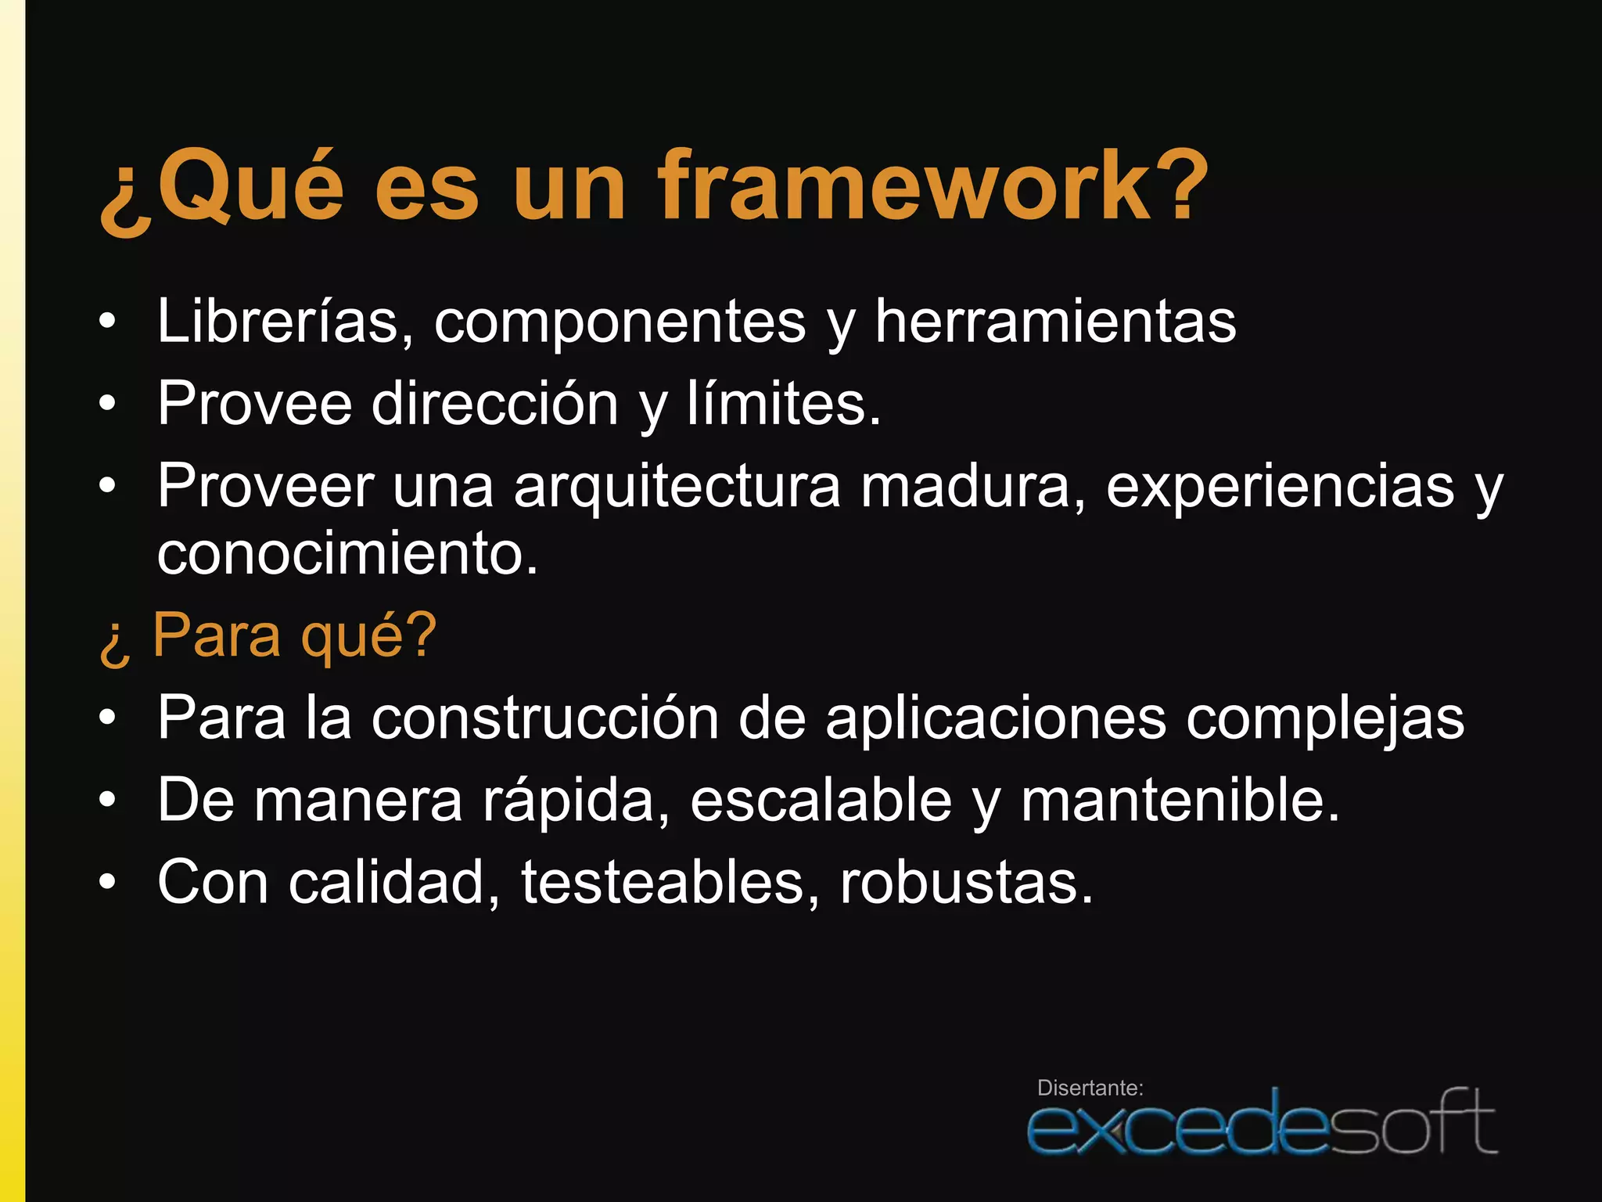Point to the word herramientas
(x=1055, y=321)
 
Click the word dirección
(x=494, y=404)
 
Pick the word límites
(x=782, y=404)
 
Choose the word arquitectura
(x=677, y=486)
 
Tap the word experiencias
(x=1280, y=486)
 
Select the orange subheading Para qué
(x=293, y=635)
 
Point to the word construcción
(x=544, y=718)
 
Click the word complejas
(x=1324, y=718)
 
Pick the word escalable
(x=821, y=800)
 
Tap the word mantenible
(x=1180, y=800)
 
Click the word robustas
(x=965, y=882)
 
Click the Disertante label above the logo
(x=1090, y=1088)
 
